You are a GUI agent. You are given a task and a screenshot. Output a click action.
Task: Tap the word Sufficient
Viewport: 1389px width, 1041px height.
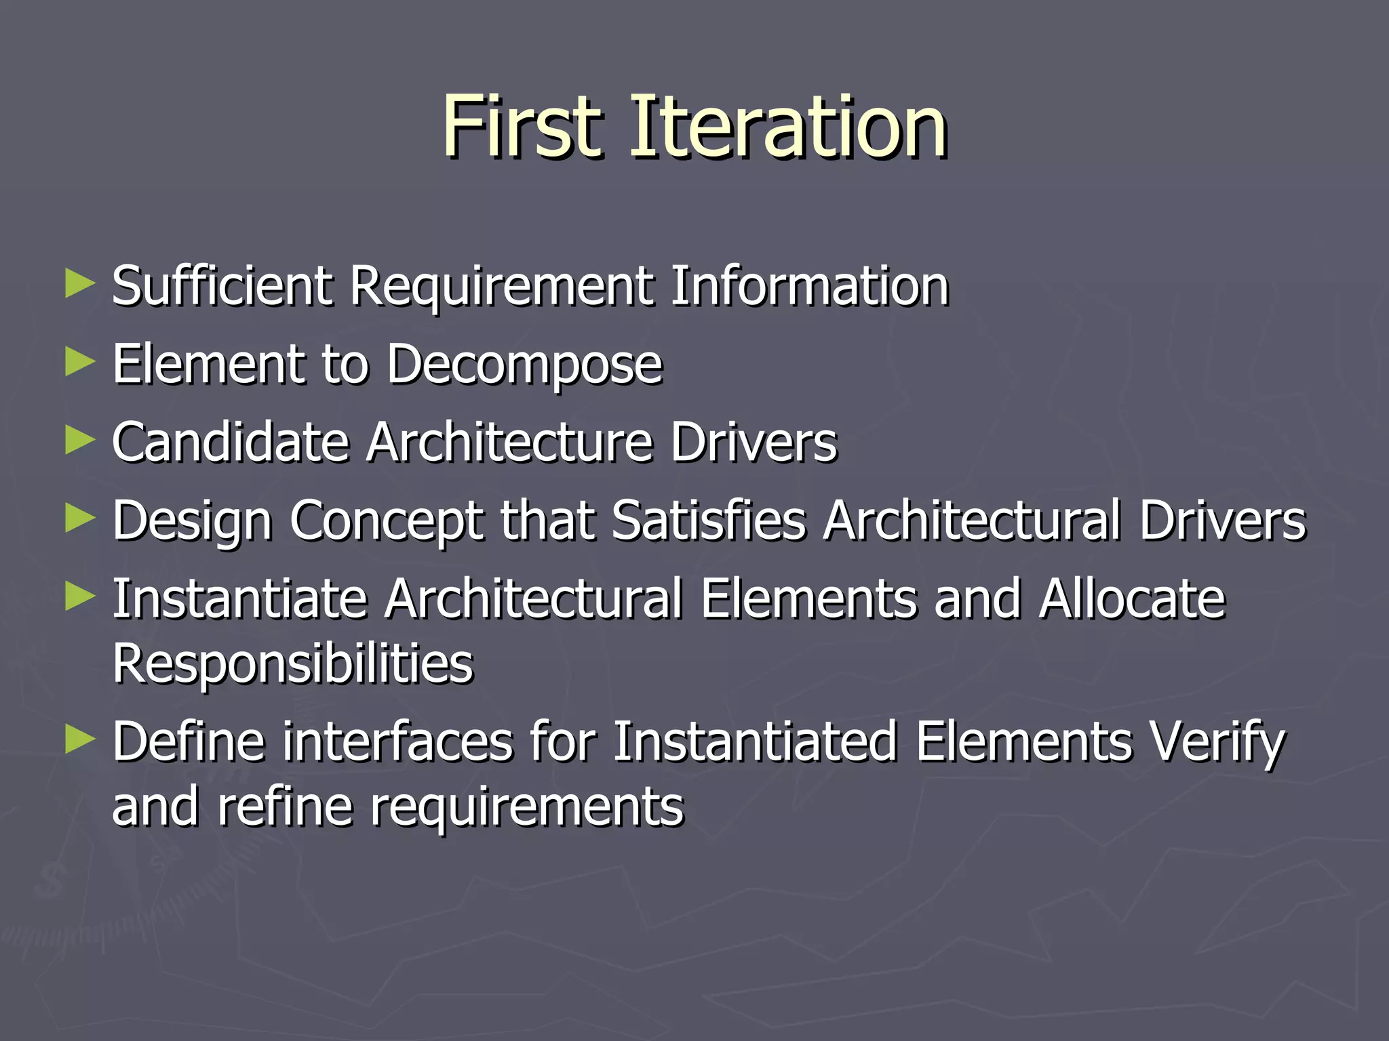coord(222,286)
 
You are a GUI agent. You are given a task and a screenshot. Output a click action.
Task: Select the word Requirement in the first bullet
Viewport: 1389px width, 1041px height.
coord(501,286)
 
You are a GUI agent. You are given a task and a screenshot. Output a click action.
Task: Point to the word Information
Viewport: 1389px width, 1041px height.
coord(810,286)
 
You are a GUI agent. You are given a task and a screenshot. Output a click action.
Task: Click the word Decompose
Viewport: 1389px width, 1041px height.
coord(524,365)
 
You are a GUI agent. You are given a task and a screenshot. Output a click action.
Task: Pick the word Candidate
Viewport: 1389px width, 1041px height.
coord(231,443)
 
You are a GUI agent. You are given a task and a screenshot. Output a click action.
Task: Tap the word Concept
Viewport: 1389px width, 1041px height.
coord(386,521)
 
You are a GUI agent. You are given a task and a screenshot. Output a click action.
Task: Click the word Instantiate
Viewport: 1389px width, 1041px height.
coord(239,599)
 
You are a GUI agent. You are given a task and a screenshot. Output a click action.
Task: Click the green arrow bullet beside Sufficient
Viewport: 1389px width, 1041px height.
coord(80,285)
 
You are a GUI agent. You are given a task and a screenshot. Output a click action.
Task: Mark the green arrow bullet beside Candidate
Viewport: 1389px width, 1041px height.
coord(80,441)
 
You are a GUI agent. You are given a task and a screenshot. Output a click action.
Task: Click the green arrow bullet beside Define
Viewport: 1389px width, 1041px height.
coord(80,741)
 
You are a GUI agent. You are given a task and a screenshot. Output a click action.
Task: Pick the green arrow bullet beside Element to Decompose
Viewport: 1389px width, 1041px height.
coord(80,363)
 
